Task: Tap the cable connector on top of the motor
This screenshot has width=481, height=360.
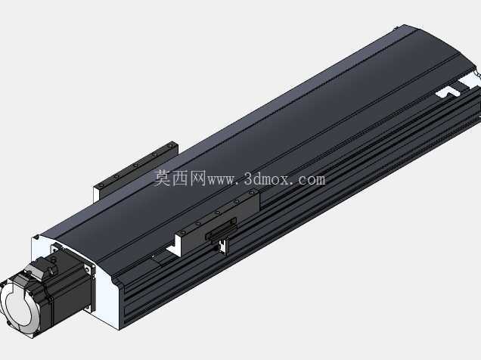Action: [46, 266]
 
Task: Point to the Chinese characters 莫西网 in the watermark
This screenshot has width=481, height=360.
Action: [180, 178]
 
